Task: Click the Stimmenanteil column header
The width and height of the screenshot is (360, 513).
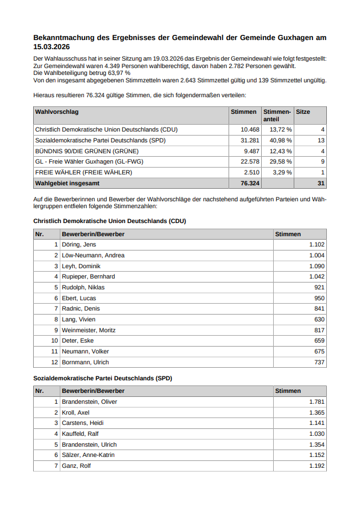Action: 277,116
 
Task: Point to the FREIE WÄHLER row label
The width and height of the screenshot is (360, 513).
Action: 83,173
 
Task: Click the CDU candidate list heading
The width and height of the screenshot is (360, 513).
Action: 110,221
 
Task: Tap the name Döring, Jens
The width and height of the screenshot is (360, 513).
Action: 79,245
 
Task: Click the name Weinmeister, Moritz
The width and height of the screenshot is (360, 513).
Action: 89,330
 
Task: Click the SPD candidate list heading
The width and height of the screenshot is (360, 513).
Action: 103,378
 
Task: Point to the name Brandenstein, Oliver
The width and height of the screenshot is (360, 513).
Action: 89,402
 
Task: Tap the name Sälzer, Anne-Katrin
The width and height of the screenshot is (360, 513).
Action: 88,455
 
